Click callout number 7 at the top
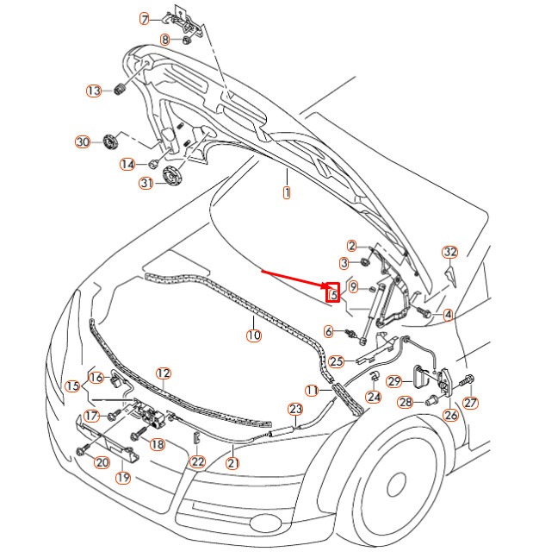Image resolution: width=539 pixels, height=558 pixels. pos(145,18)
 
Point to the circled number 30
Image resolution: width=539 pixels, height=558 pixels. pos(83,141)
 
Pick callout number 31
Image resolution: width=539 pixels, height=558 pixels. pos(146,183)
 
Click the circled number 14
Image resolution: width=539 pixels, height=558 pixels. pos(127,164)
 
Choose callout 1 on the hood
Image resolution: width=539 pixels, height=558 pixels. pos(287,193)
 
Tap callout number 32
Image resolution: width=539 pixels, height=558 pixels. pos(450,252)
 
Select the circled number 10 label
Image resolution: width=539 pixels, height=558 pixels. pos(253,335)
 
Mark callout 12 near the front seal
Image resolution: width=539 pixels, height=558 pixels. pos(163,373)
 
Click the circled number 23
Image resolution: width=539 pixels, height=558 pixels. pos(295,409)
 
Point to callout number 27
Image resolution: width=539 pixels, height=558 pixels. pos(470,403)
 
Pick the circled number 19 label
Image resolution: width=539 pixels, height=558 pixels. pos(123,478)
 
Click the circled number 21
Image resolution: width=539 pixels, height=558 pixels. pos(232,462)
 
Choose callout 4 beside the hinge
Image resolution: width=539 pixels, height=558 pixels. pos(448,316)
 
